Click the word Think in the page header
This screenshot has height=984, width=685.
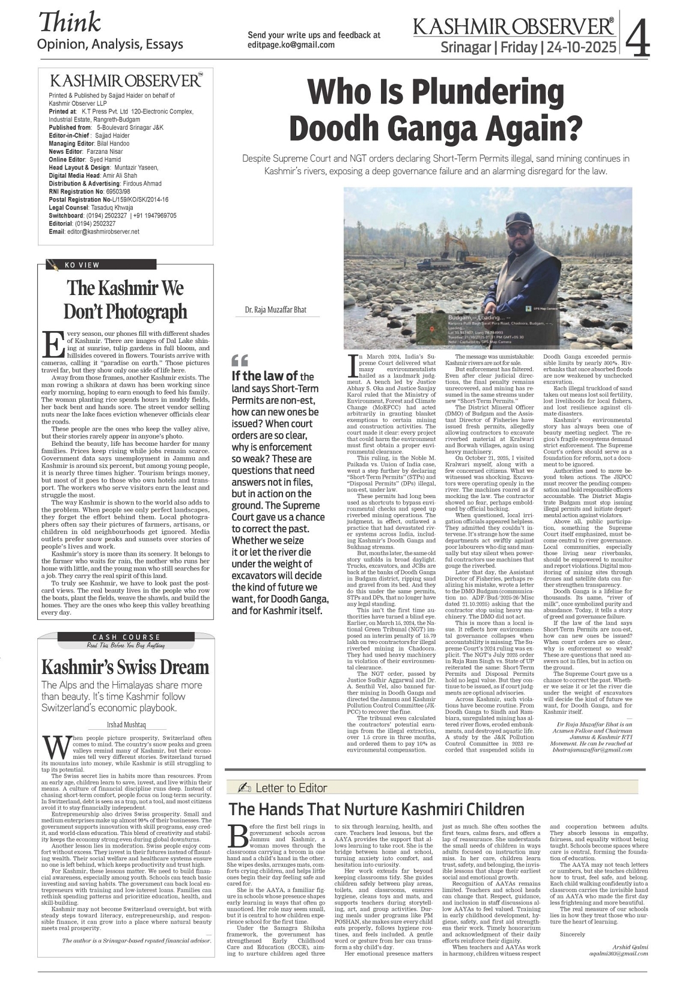pyautogui.click(x=69, y=22)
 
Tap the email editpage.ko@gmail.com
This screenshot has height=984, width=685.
pyautogui.click(x=291, y=44)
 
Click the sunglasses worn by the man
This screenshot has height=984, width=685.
pyautogui.click(x=518, y=229)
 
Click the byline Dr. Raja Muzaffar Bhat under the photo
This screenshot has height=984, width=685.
pyautogui.click(x=275, y=310)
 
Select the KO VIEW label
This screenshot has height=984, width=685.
pyautogui.click(x=82, y=265)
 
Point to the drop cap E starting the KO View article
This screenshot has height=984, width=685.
pyautogui.click(x=53, y=344)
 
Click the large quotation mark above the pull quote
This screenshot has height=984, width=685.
pyautogui.click(x=239, y=360)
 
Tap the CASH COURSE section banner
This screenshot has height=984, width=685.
pyautogui.click(x=126, y=637)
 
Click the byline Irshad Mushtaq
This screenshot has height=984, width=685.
pyautogui.click(x=126, y=725)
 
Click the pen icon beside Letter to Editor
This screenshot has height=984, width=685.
pyautogui.click(x=244, y=788)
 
